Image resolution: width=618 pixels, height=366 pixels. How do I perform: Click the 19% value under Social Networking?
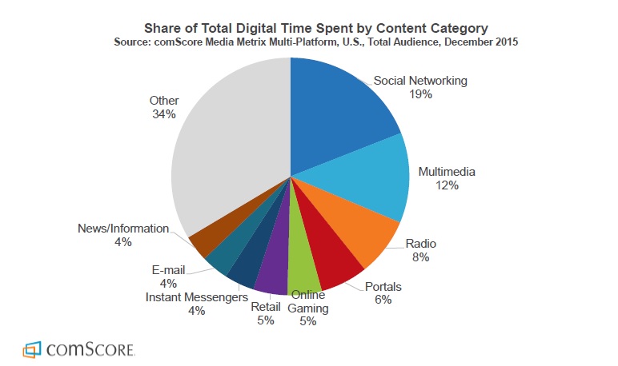pos(420,94)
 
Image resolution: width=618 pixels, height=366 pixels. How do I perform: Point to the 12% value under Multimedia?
pos(447,185)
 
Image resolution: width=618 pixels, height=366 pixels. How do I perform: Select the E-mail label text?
pos(169,270)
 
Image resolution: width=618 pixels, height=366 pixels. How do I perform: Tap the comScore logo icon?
pos(32,349)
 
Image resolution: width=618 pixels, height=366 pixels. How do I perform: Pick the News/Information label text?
pos(123,229)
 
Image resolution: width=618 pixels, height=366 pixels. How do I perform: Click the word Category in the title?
pos(459,28)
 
